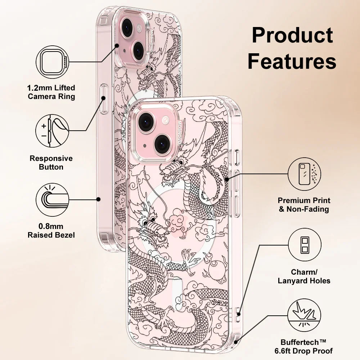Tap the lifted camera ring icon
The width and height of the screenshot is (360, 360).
pyautogui.click(x=53, y=62)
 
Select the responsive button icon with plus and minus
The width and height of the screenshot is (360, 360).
pyautogui.click(x=53, y=131)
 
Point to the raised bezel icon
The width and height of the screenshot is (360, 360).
pyautogui.click(x=53, y=199)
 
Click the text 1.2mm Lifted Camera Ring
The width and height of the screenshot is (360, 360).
pyautogui.click(x=51, y=92)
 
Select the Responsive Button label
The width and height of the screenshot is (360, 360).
pyautogui.click(x=51, y=163)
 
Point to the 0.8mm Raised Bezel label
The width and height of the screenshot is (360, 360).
pyautogui.click(x=51, y=231)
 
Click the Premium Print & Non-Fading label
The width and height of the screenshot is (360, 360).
pyautogui.click(x=304, y=205)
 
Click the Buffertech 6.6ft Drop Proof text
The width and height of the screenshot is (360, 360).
pyautogui.click(x=306, y=346)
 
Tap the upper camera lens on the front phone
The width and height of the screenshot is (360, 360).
pyautogui.click(x=147, y=122)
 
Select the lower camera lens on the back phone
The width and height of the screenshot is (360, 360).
pyautogui.click(x=139, y=50)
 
